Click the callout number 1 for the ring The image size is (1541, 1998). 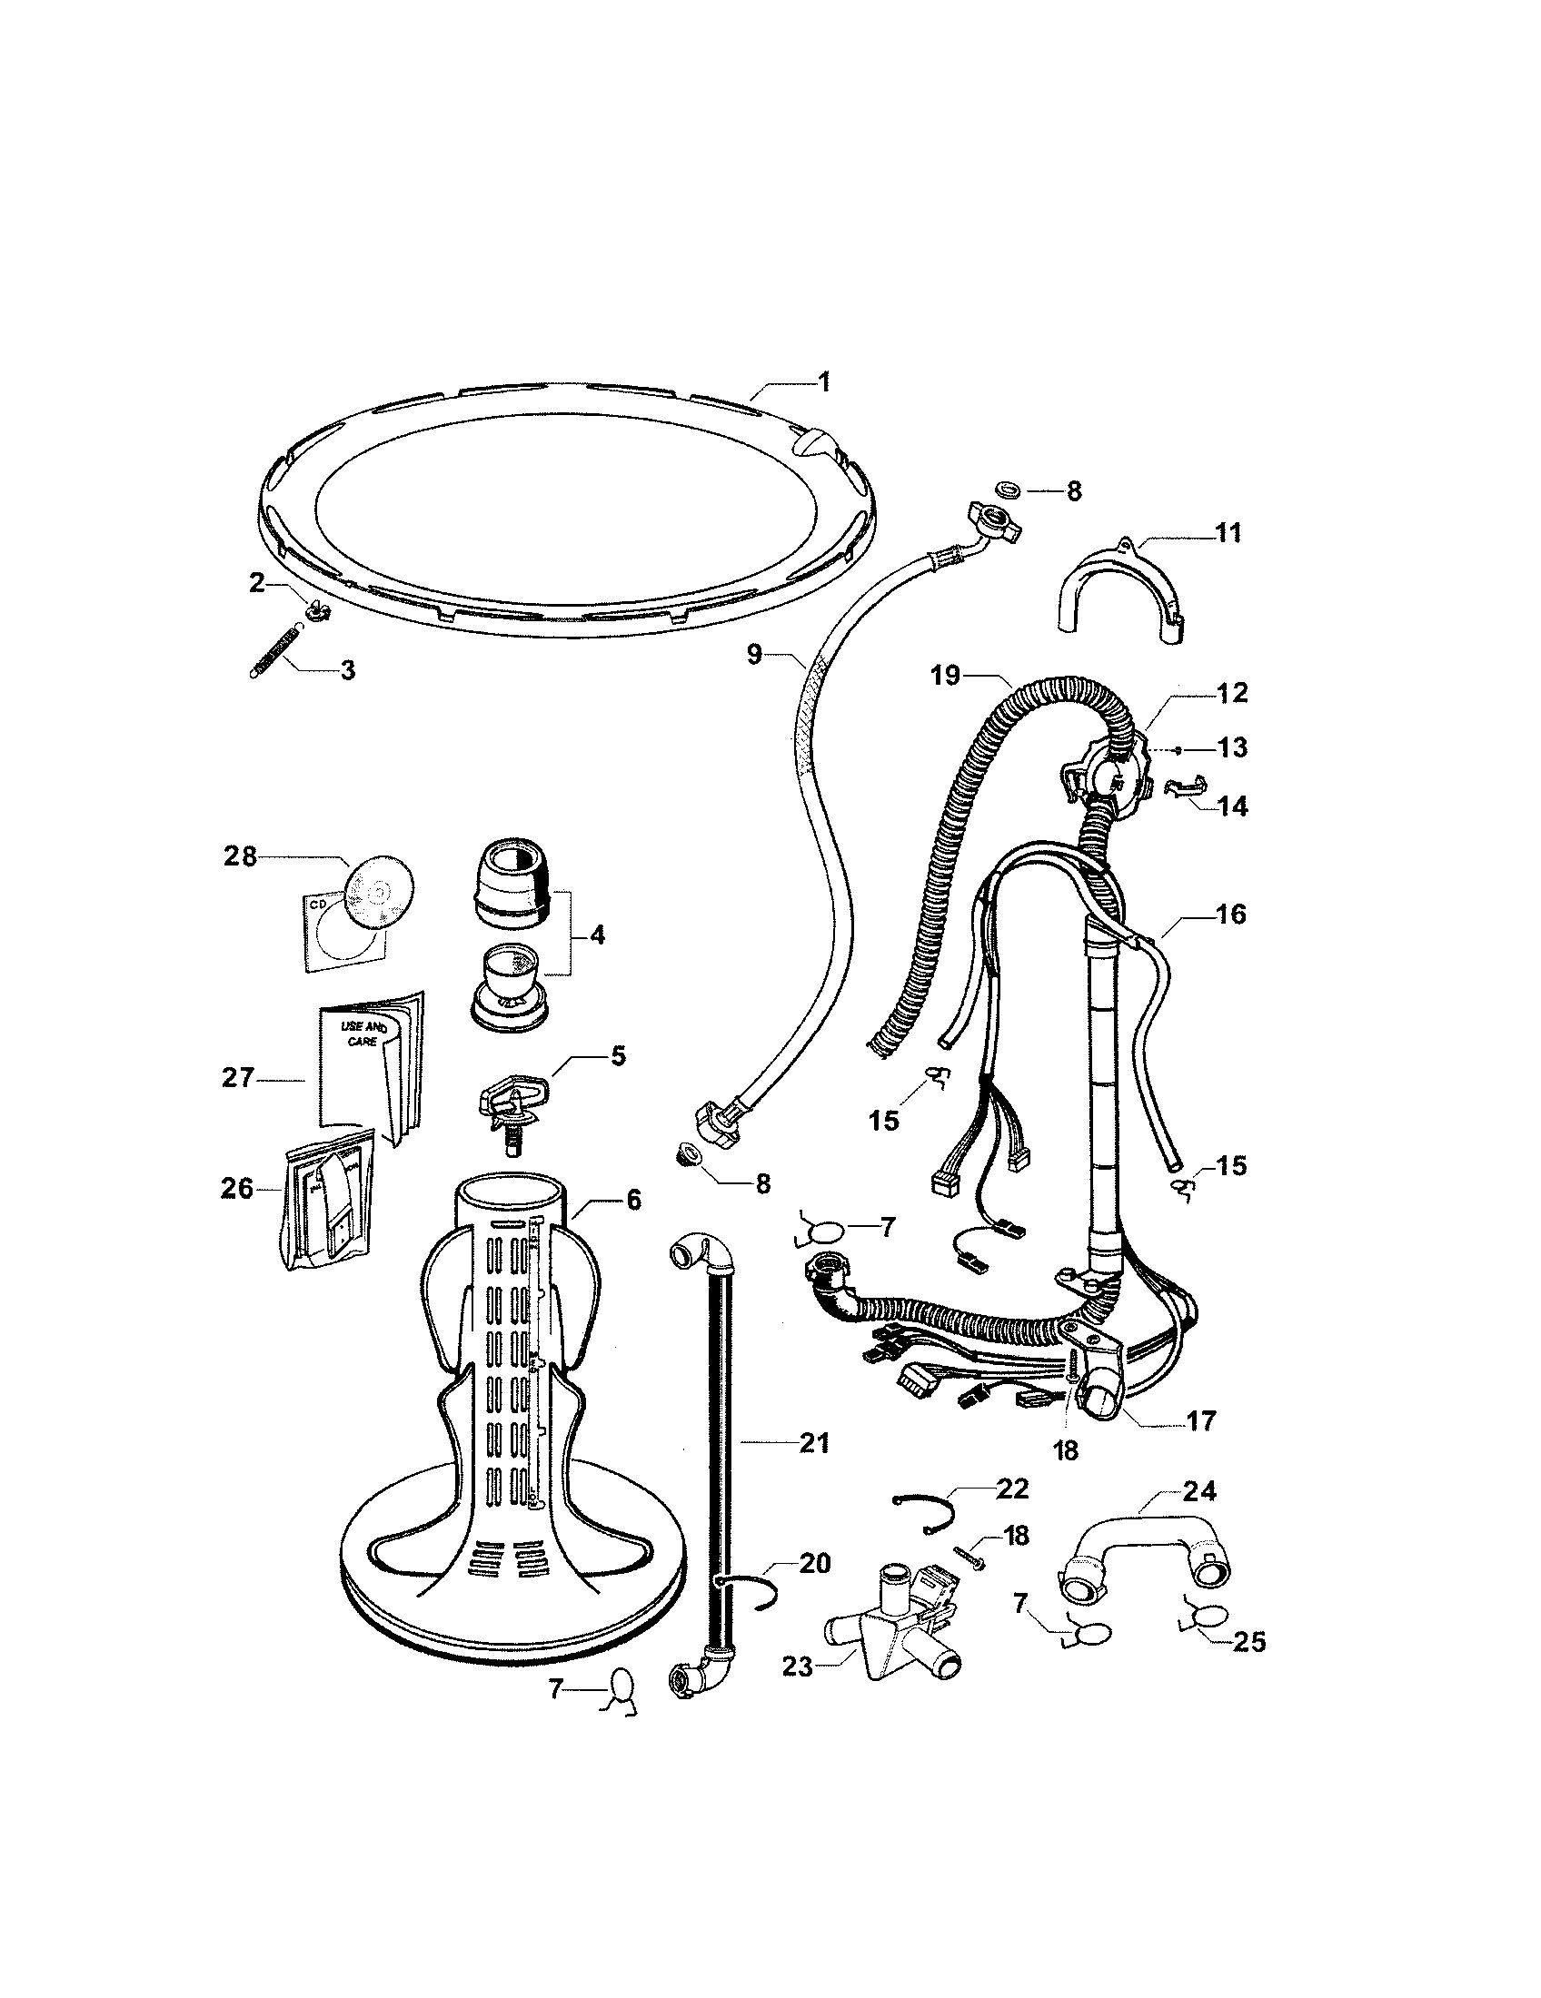823,381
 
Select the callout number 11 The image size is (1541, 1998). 1228,533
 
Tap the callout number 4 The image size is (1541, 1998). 597,935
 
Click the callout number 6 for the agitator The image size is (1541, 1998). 634,1200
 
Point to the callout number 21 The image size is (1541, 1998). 813,1445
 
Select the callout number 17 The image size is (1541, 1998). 1200,1420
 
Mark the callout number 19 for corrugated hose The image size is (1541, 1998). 946,676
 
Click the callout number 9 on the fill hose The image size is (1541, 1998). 754,656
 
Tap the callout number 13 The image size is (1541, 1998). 1233,747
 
